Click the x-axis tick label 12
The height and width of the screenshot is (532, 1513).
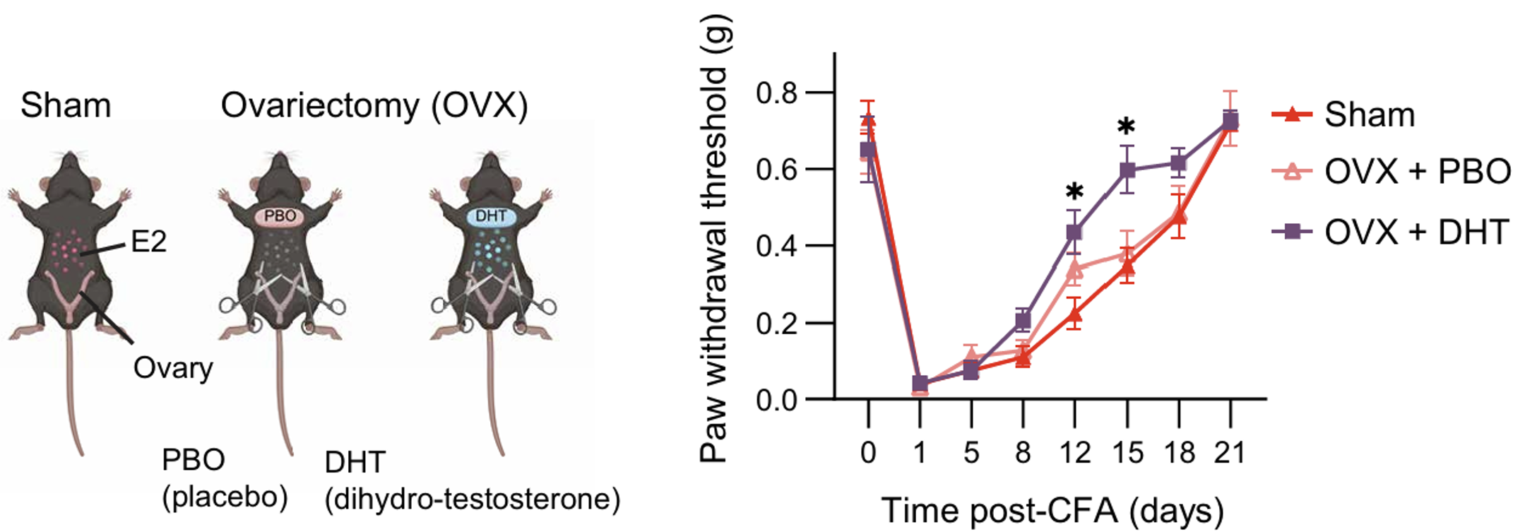(x=1074, y=452)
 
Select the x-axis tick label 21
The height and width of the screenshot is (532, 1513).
(x=1230, y=452)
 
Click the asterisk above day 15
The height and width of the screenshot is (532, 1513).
(x=1127, y=128)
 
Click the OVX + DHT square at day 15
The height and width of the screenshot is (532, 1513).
(x=1127, y=170)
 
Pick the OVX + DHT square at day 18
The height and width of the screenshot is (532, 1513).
(x=1178, y=163)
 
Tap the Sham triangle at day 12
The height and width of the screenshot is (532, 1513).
(x=1074, y=314)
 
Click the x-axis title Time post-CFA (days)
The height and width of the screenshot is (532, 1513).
(x=1052, y=509)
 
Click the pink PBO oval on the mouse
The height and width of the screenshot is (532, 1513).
(x=280, y=215)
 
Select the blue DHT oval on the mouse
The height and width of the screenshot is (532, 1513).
(x=491, y=215)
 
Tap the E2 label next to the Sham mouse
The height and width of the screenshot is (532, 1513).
(x=148, y=242)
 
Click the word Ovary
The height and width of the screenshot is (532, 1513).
(x=173, y=367)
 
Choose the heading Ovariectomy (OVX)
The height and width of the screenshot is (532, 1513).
(x=374, y=106)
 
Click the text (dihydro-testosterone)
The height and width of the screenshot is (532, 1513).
(x=472, y=499)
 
